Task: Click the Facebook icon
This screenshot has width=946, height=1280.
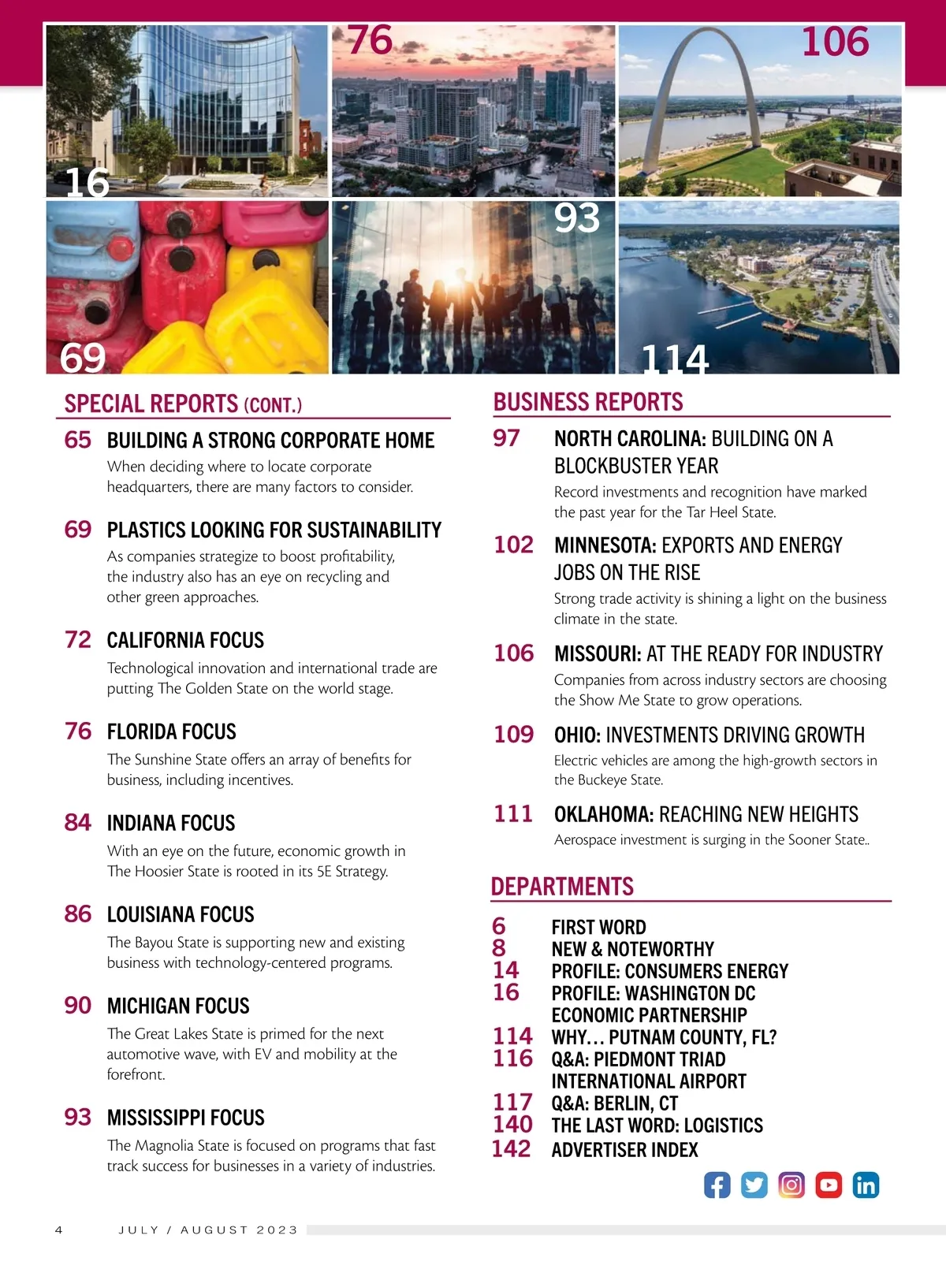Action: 717,1185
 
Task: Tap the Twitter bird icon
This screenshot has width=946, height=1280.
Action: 754,1185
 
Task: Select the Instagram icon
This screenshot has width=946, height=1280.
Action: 791,1185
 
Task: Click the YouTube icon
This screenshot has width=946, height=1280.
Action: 829,1185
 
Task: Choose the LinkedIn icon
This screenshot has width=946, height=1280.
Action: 866,1185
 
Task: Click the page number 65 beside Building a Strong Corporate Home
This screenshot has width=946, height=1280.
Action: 78,440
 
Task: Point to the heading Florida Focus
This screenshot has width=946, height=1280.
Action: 171,731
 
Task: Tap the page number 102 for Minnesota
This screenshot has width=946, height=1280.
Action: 513,545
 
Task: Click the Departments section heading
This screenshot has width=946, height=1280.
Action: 562,887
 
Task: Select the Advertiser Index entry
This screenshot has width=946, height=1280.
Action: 624,1150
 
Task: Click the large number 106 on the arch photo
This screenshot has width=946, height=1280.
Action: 835,42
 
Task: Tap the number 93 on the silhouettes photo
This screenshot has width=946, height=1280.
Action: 576,218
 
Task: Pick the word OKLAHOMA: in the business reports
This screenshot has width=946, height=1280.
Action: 604,814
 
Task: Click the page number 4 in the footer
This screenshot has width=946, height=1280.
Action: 58,1230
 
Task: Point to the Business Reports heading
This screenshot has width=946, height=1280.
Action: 588,402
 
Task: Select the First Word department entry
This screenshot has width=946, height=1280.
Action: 598,927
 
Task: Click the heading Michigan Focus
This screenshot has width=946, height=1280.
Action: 178,1006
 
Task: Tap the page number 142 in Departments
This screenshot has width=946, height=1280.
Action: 511,1149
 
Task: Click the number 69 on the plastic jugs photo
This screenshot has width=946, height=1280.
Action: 83,358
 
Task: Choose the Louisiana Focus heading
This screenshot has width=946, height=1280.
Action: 181,914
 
